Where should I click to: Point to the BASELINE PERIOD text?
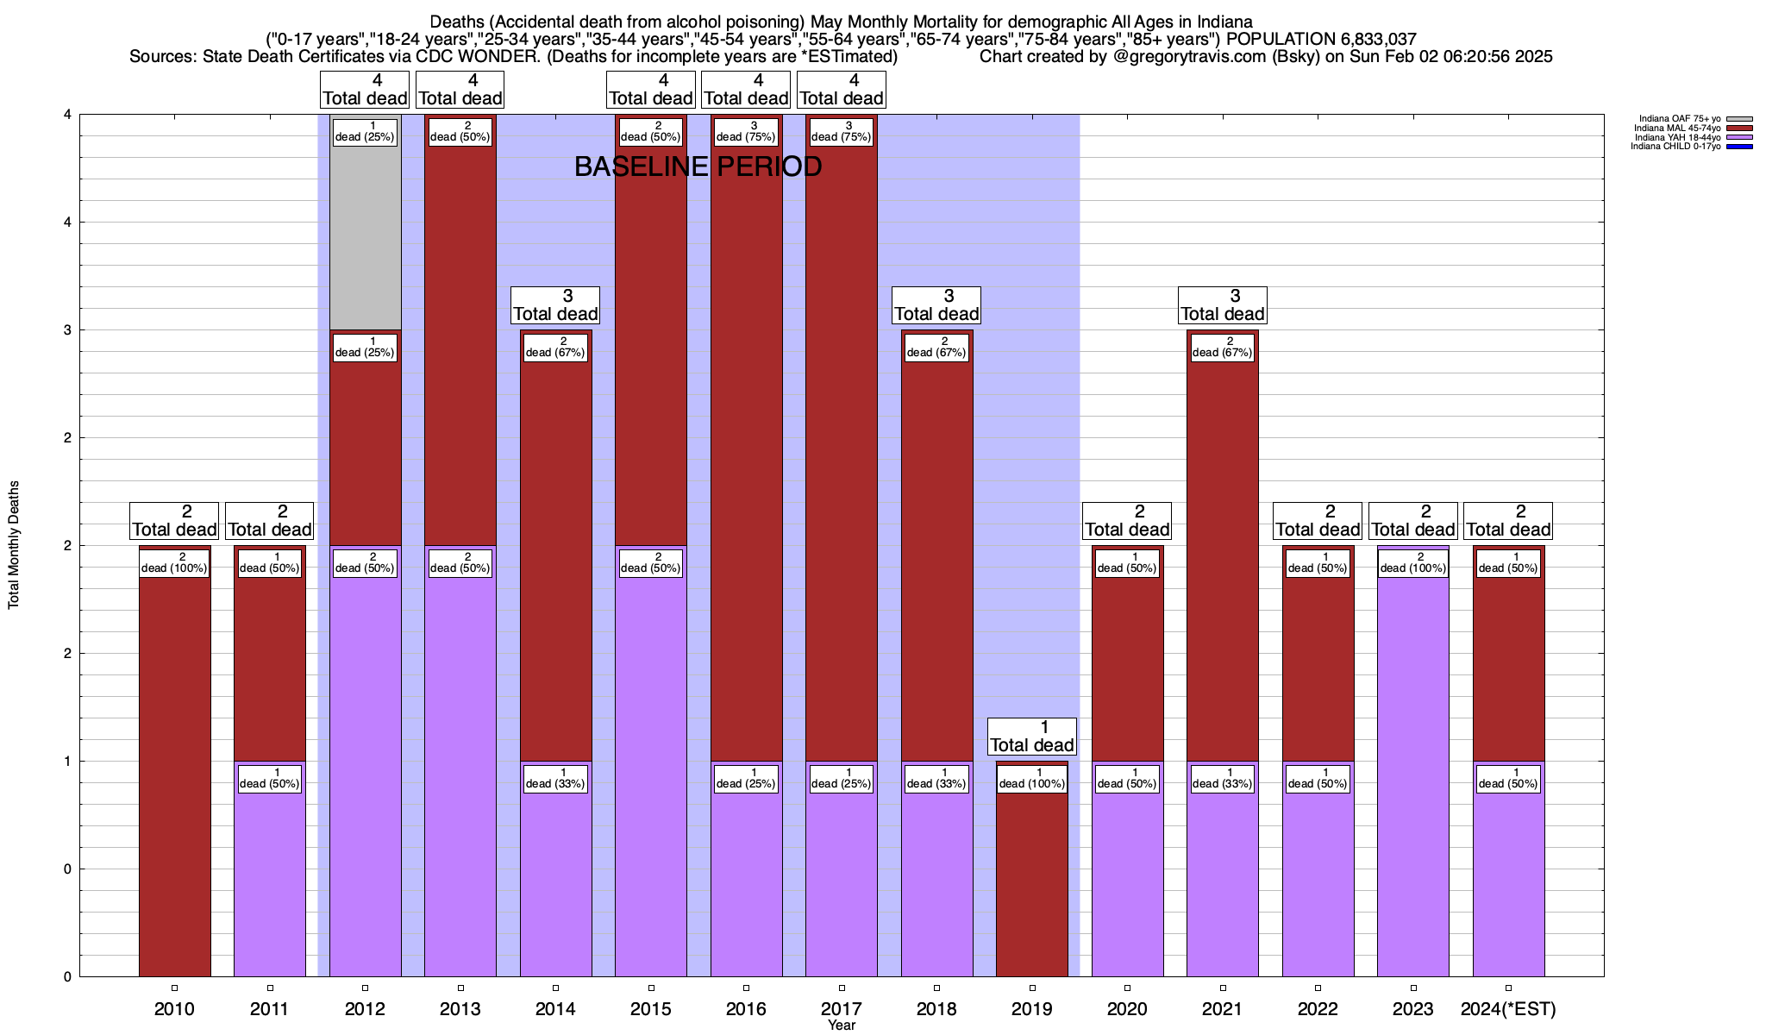(698, 166)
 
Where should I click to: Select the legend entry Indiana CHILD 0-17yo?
(1675, 147)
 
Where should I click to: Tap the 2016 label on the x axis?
(746, 1008)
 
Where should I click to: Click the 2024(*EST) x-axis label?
(1508, 1008)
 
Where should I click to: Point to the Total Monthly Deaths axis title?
(14, 544)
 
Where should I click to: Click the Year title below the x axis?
(842, 1025)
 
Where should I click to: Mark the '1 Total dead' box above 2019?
(1032, 737)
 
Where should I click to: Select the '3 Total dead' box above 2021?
(1223, 305)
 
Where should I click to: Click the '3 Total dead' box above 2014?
(555, 305)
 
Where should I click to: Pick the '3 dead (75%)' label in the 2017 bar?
(842, 132)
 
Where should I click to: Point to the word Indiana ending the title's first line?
(1224, 22)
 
